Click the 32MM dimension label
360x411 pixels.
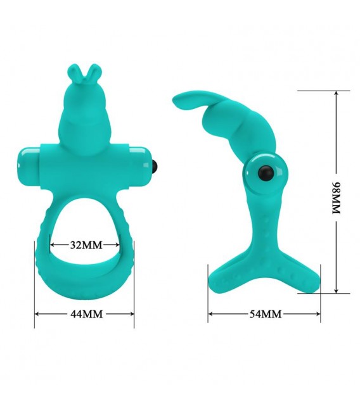(86, 245)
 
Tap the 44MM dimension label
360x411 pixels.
(86, 313)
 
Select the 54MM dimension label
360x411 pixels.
(266, 313)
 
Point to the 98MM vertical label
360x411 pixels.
(336, 198)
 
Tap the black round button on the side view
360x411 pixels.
(266, 172)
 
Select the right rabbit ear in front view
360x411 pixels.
(94, 70)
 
